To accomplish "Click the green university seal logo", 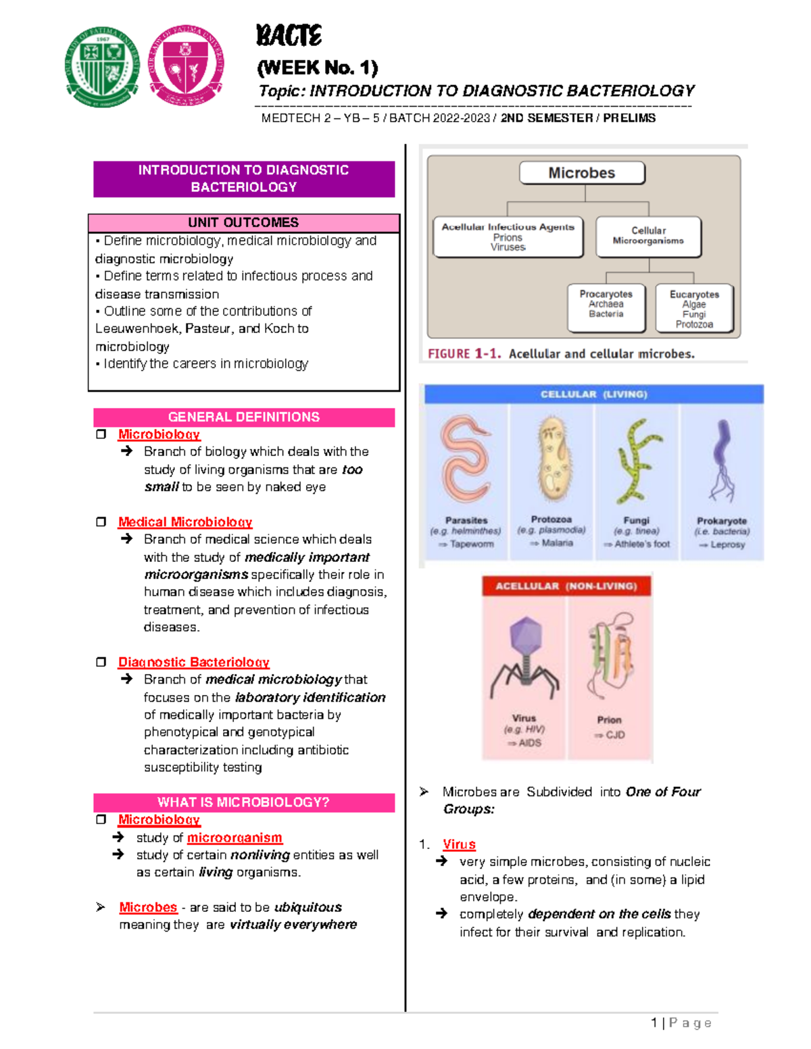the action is (103, 66).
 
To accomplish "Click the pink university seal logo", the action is (186, 66).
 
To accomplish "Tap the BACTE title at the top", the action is (289, 36).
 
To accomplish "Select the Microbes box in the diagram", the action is (582, 173).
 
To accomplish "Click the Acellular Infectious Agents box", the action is (508, 236).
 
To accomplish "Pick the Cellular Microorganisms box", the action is (648, 236).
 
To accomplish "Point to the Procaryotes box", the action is (606, 307).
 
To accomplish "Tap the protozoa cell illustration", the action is (551, 459).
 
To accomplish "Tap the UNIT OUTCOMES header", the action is (243, 223).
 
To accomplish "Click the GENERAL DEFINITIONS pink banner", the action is (243, 417).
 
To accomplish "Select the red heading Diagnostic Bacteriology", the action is (193, 663).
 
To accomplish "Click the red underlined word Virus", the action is (459, 844).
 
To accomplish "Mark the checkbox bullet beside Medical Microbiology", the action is (101, 522).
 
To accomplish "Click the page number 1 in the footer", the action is (654, 1023).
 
